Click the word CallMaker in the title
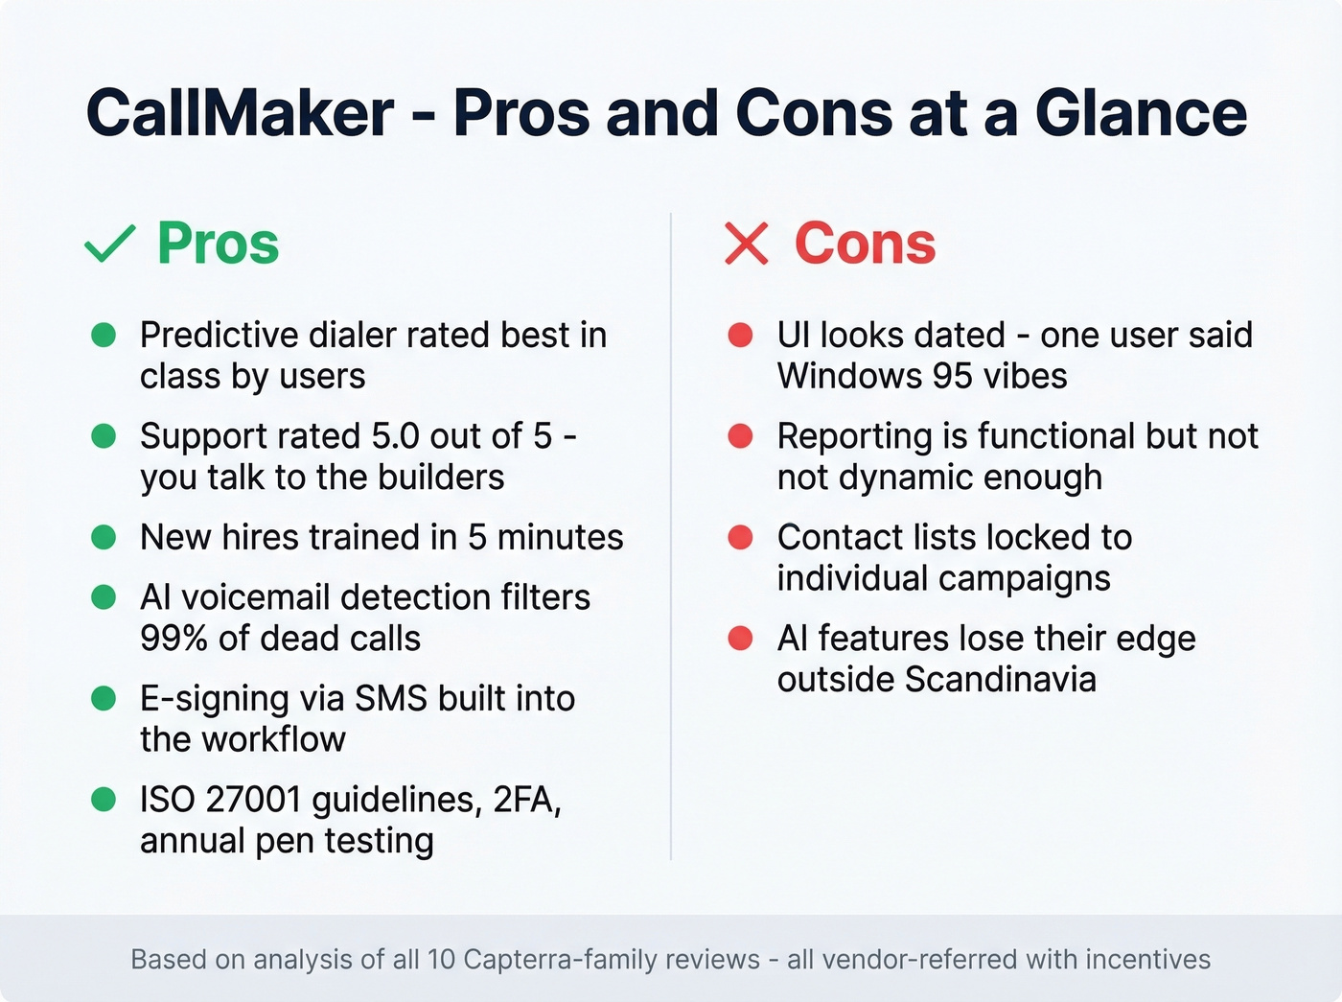point(240,113)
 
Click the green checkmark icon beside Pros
point(110,244)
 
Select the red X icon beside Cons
point(747,244)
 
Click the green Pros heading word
point(218,244)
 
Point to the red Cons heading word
point(865,244)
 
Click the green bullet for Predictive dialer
point(104,335)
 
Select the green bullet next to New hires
point(104,537)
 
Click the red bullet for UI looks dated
point(740,335)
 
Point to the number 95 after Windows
point(952,376)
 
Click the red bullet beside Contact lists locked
point(740,537)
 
